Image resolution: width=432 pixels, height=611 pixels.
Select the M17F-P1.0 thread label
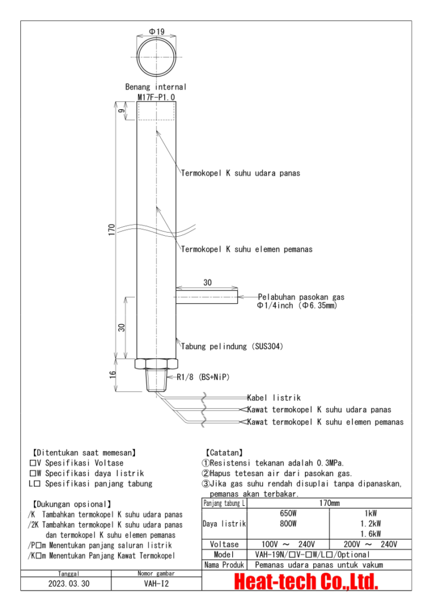[x=156, y=97]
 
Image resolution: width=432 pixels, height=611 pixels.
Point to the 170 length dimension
[x=112, y=230]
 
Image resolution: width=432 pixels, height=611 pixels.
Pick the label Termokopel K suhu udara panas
[x=240, y=173]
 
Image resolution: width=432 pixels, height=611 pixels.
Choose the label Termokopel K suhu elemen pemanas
[x=247, y=249]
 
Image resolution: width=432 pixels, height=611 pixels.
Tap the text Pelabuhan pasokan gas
[x=301, y=297]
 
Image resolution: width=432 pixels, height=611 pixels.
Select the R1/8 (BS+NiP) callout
[x=203, y=377]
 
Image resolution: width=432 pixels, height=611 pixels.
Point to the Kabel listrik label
[x=274, y=397]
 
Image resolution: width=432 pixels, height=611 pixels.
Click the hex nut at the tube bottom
[x=156, y=363]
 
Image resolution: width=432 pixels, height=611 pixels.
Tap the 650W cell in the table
[x=288, y=513]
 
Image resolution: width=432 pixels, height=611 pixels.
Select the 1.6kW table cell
[x=371, y=534]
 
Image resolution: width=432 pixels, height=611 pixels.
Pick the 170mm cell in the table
[x=329, y=503]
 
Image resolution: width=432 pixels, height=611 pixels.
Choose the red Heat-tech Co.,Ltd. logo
[x=306, y=581]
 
